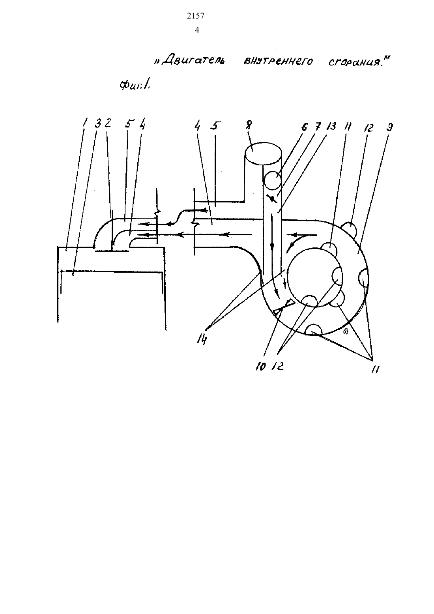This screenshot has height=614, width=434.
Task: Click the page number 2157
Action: [x=196, y=16]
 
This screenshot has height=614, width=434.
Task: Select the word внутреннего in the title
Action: [x=277, y=61]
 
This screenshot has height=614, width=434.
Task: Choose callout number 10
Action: [x=260, y=367]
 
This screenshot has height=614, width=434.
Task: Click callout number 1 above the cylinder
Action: [x=85, y=122]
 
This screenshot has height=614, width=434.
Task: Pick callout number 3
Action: [x=97, y=123]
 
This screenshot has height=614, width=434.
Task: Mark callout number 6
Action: [x=304, y=127]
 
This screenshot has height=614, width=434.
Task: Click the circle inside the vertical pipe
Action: [x=272, y=180]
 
